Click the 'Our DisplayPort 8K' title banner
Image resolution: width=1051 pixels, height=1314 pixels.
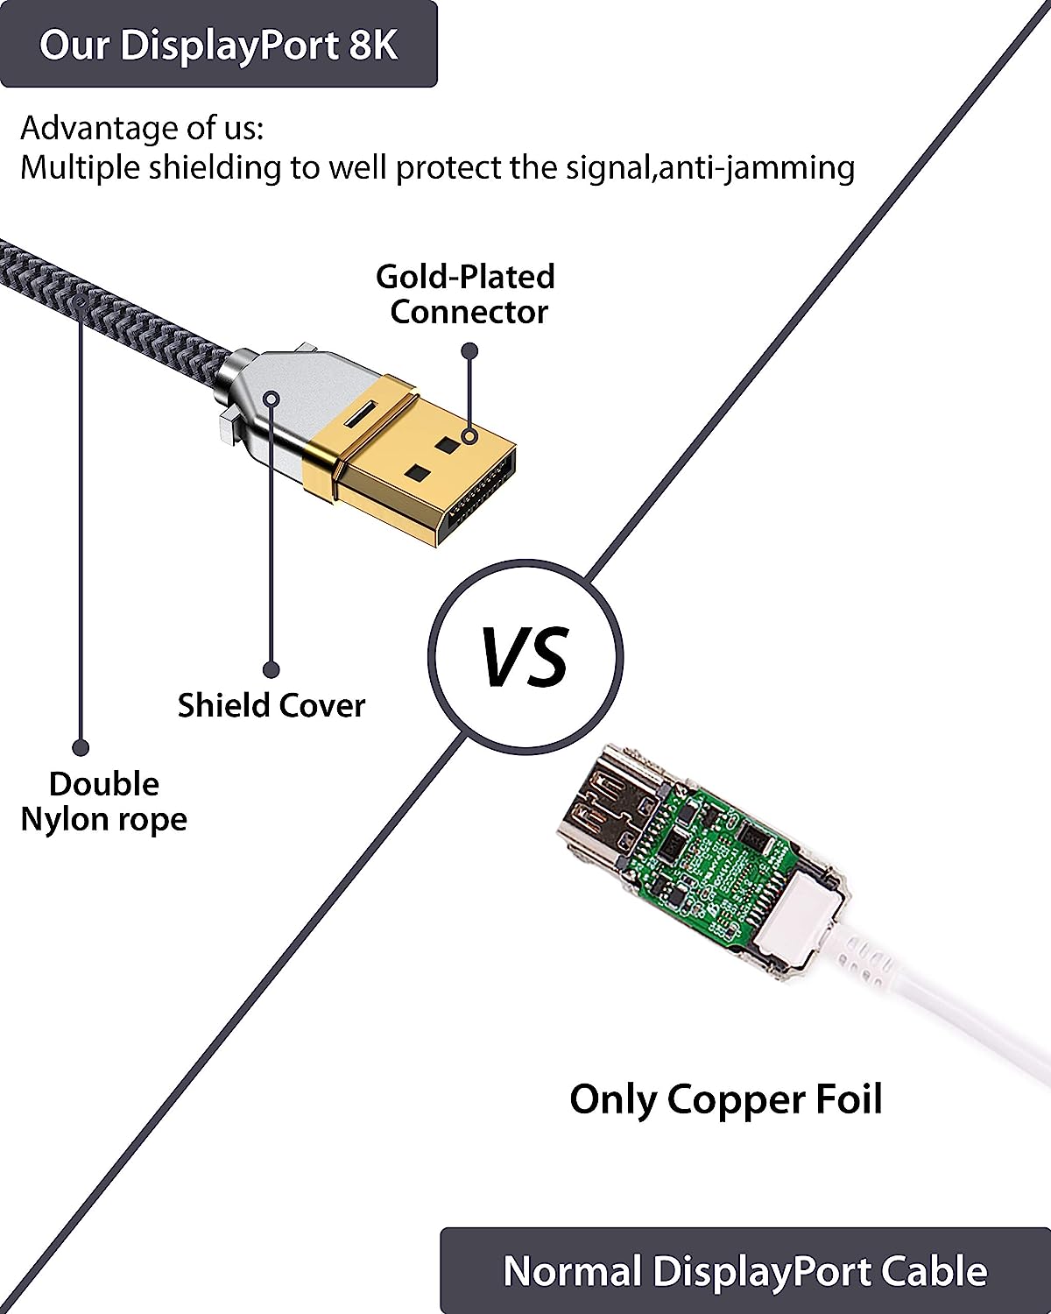coord(218,45)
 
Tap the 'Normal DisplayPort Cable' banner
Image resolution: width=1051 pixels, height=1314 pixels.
coord(744,1271)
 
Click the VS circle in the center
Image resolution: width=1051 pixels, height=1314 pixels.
coord(525,656)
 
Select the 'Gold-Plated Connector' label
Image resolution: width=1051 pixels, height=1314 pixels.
coord(466,294)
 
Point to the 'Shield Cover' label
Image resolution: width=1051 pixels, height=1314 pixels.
coord(271,705)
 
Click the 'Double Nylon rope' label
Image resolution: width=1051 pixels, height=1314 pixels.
coord(103,802)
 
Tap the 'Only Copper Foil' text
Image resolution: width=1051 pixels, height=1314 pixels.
coord(725,1099)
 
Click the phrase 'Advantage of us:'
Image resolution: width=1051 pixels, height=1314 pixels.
coord(142,128)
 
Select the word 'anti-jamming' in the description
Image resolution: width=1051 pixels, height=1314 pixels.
coord(757,166)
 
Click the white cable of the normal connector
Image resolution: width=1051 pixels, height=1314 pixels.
coord(946,1007)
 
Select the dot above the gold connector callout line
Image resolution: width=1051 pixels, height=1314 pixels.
coord(470,351)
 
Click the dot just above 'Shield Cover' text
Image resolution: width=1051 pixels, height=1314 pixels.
coord(272,670)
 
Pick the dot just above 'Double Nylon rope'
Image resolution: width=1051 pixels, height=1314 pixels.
coord(81,747)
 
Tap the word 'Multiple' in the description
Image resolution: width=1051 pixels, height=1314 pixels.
coord(80,166)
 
